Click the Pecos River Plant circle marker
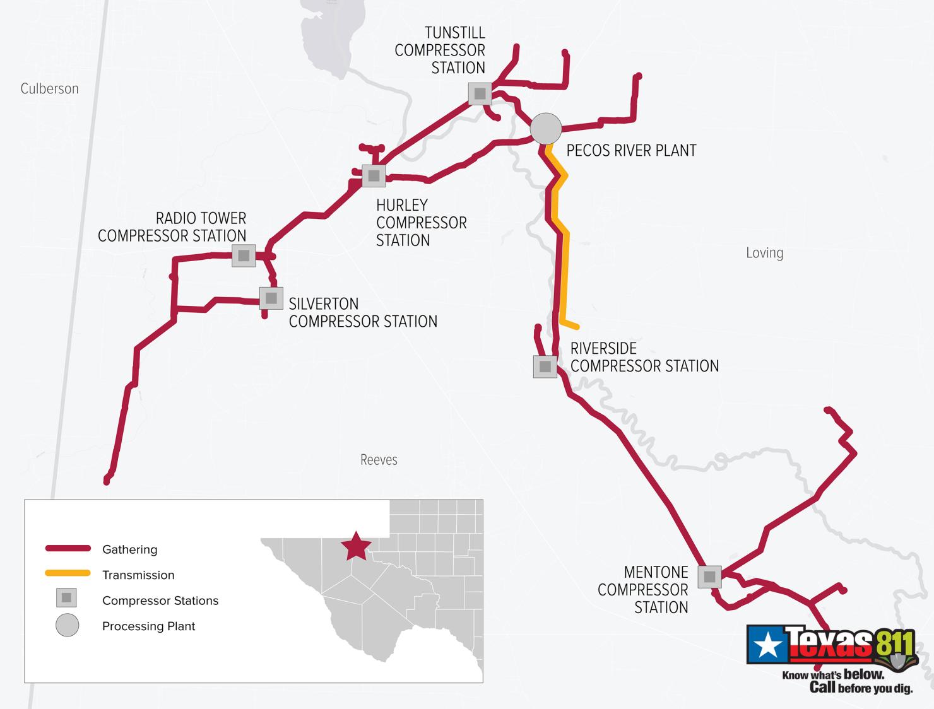point(546,129)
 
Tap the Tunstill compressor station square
point(480,94)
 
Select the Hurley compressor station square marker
point(374,175)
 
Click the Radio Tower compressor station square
point(244,255)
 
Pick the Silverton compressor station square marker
point(271,298)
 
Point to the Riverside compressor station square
point(545,366)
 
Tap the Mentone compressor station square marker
point(709,577)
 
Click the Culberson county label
point(49,89)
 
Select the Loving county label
point(764,253)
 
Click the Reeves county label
point(379,460)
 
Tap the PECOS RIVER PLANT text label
point(631,151)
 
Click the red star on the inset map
point(356,546)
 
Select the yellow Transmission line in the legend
point(68,573)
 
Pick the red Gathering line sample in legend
point(68,548)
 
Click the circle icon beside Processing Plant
point(68,625)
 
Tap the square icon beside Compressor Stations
point(66,597)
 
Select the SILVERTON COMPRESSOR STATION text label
point(362,313)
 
